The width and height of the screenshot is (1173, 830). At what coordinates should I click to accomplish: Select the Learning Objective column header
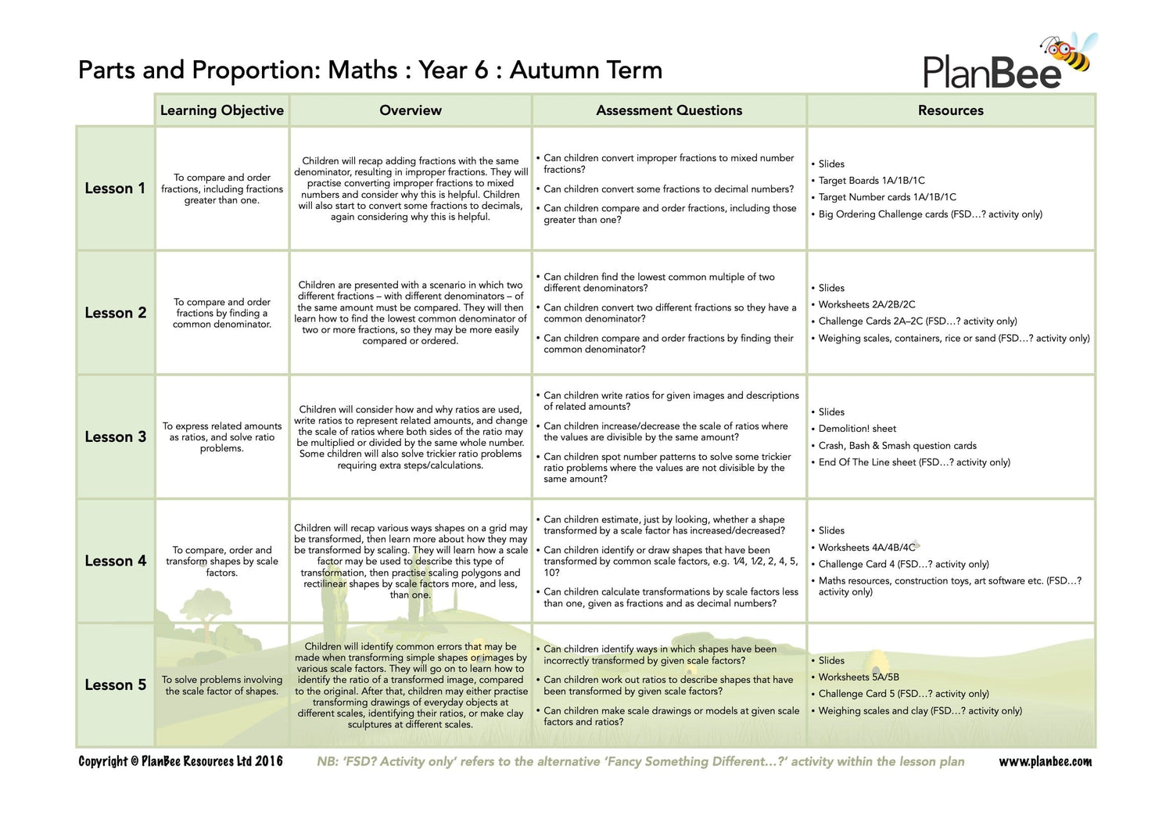point(222,110)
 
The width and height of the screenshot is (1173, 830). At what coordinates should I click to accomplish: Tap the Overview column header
point(411,110)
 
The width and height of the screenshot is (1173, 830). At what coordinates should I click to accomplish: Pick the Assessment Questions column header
point(669,110)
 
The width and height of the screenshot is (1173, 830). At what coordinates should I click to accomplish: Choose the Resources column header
point(950,110)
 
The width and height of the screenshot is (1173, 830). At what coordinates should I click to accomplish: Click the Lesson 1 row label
point(115,189)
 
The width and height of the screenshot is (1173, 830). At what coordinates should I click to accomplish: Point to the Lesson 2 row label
point(115,313)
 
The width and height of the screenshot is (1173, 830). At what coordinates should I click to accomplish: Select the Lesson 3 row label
point(115,437)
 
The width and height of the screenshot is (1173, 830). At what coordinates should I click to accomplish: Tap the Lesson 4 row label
point(115,561)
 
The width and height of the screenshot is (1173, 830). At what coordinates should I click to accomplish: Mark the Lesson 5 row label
point(115,684)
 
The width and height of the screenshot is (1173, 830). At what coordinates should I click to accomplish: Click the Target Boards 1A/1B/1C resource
point(871,181)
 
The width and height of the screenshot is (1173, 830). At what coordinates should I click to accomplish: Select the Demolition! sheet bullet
point(857,429)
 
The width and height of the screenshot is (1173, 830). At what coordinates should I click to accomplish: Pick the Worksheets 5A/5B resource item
point(859,677)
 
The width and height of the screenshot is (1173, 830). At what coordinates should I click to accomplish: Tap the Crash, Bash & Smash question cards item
point(897,446)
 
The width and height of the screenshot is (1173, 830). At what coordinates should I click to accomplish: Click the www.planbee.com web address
point(1045,761)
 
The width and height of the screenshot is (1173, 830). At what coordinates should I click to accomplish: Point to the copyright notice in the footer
point(181,761)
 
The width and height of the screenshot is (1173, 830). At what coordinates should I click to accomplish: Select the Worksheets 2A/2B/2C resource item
point(866,305)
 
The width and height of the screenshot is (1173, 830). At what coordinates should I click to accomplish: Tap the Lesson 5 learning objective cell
point(222,685)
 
